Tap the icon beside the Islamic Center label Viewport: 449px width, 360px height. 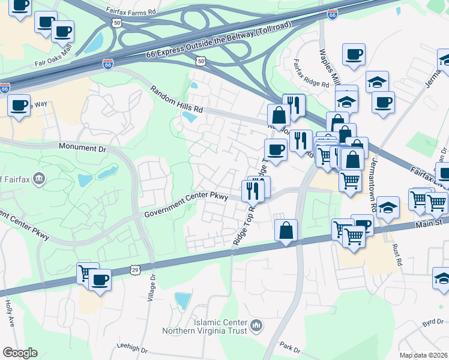[x=256, y=326]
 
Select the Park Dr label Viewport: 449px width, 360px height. [x=289, y=348]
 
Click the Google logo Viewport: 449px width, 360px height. [x=20, y=353]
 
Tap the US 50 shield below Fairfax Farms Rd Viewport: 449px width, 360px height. [x=116, y=22]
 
